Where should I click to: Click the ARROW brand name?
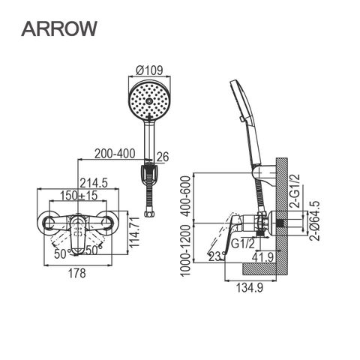[59, 28]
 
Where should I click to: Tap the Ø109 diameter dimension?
[149, 70]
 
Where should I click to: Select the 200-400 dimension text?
[115, 154]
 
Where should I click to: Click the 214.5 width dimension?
[94, 183]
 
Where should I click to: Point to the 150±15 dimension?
[79, 196]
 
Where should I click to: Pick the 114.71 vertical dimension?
[135, 232]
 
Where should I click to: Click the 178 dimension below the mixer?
[77, 273]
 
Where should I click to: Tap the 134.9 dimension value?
[250, 288]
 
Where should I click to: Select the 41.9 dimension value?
[262, 257]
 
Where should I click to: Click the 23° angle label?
[216, 257]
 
